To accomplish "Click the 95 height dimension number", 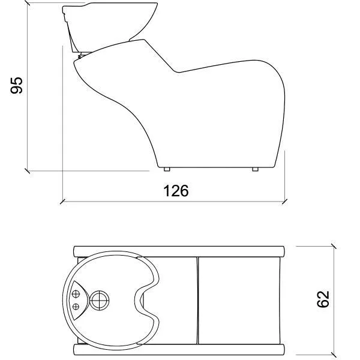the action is (17, 85).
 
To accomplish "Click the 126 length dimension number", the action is (176, 191).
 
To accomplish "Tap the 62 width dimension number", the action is (323, 299).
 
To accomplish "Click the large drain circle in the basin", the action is (100, 301).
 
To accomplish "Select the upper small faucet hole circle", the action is (76, 293).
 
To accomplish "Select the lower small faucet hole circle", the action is (76, 307).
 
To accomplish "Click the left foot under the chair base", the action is (167, 169).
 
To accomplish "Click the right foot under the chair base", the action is (255, 169).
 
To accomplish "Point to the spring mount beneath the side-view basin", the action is (81, 56).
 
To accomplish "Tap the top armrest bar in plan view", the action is (179, 251).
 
